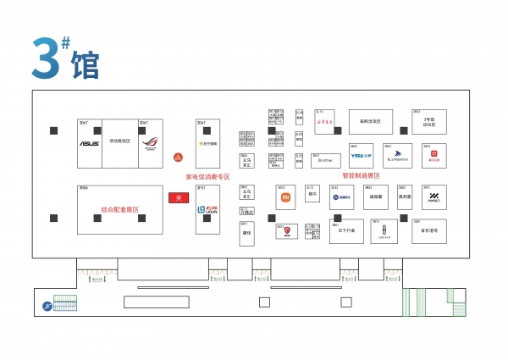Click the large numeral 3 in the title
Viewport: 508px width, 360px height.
coord(48,58)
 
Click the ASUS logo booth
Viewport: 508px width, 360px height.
coord(89,142)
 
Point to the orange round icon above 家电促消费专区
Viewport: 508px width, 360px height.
coord(178,157)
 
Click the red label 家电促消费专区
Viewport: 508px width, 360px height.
coord(207,177)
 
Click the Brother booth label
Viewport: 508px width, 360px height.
coord(326,159)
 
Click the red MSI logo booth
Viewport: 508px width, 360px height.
coord(287,230)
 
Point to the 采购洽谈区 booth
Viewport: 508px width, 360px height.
coord(371,120)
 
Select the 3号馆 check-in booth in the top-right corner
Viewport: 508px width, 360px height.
coord(428,120)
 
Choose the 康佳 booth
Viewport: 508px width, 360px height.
coord(247,231)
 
